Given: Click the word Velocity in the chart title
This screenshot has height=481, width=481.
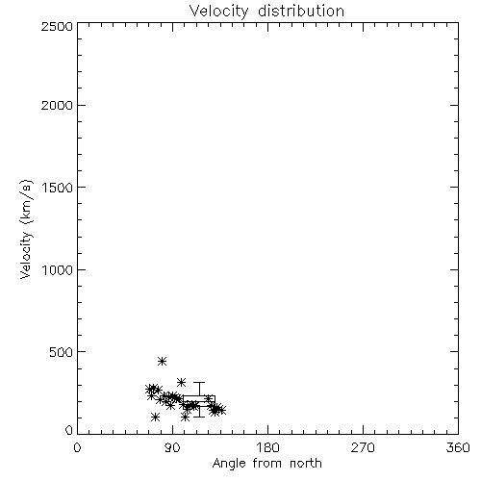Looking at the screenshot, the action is (218, 11).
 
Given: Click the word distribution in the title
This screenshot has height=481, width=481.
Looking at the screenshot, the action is (301, 11).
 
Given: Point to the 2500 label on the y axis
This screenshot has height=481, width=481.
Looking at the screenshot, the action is (57, 26).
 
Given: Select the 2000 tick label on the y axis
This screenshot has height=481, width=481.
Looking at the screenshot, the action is (57, 105).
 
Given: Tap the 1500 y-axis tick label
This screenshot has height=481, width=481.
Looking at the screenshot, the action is (58, 188).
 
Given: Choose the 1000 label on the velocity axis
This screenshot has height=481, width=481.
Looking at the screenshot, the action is (58, 270).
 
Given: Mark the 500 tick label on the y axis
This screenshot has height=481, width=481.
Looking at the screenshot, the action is (62, 352).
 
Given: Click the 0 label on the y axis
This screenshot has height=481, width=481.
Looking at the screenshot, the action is (69, 430).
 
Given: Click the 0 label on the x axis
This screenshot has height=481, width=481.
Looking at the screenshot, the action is (77, 447).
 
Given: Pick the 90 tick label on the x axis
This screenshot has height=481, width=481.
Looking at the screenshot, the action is (172, 447).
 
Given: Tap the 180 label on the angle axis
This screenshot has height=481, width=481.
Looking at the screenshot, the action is (267, 447).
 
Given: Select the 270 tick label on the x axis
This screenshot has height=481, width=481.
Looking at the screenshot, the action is (363, 447).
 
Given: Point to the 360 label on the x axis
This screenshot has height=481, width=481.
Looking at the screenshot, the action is (458, 447).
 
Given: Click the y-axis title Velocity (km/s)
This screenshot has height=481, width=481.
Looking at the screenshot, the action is (26, 229).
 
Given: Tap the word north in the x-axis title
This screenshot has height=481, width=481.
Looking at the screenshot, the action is (306, 464).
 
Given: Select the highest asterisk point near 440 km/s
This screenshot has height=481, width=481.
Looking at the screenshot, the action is (162, 362).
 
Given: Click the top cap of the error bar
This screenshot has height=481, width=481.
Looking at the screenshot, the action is (199, 383).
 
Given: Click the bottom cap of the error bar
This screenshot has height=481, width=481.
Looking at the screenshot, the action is (199, 417).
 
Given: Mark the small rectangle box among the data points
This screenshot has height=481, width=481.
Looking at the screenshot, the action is (199, 396).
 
